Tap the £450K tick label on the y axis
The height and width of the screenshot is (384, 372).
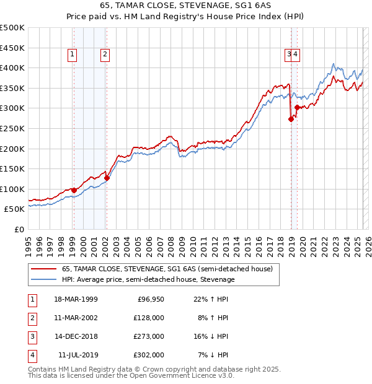point(12,48)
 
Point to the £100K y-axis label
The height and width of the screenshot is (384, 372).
point(12,189)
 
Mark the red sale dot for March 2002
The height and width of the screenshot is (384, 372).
point(107,178)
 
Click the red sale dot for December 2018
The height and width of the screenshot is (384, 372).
point(291,120)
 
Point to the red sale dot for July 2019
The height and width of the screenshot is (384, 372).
point(297,108)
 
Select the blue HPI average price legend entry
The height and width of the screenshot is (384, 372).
point(148,279)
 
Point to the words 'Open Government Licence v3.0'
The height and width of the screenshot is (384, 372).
point(179,375)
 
